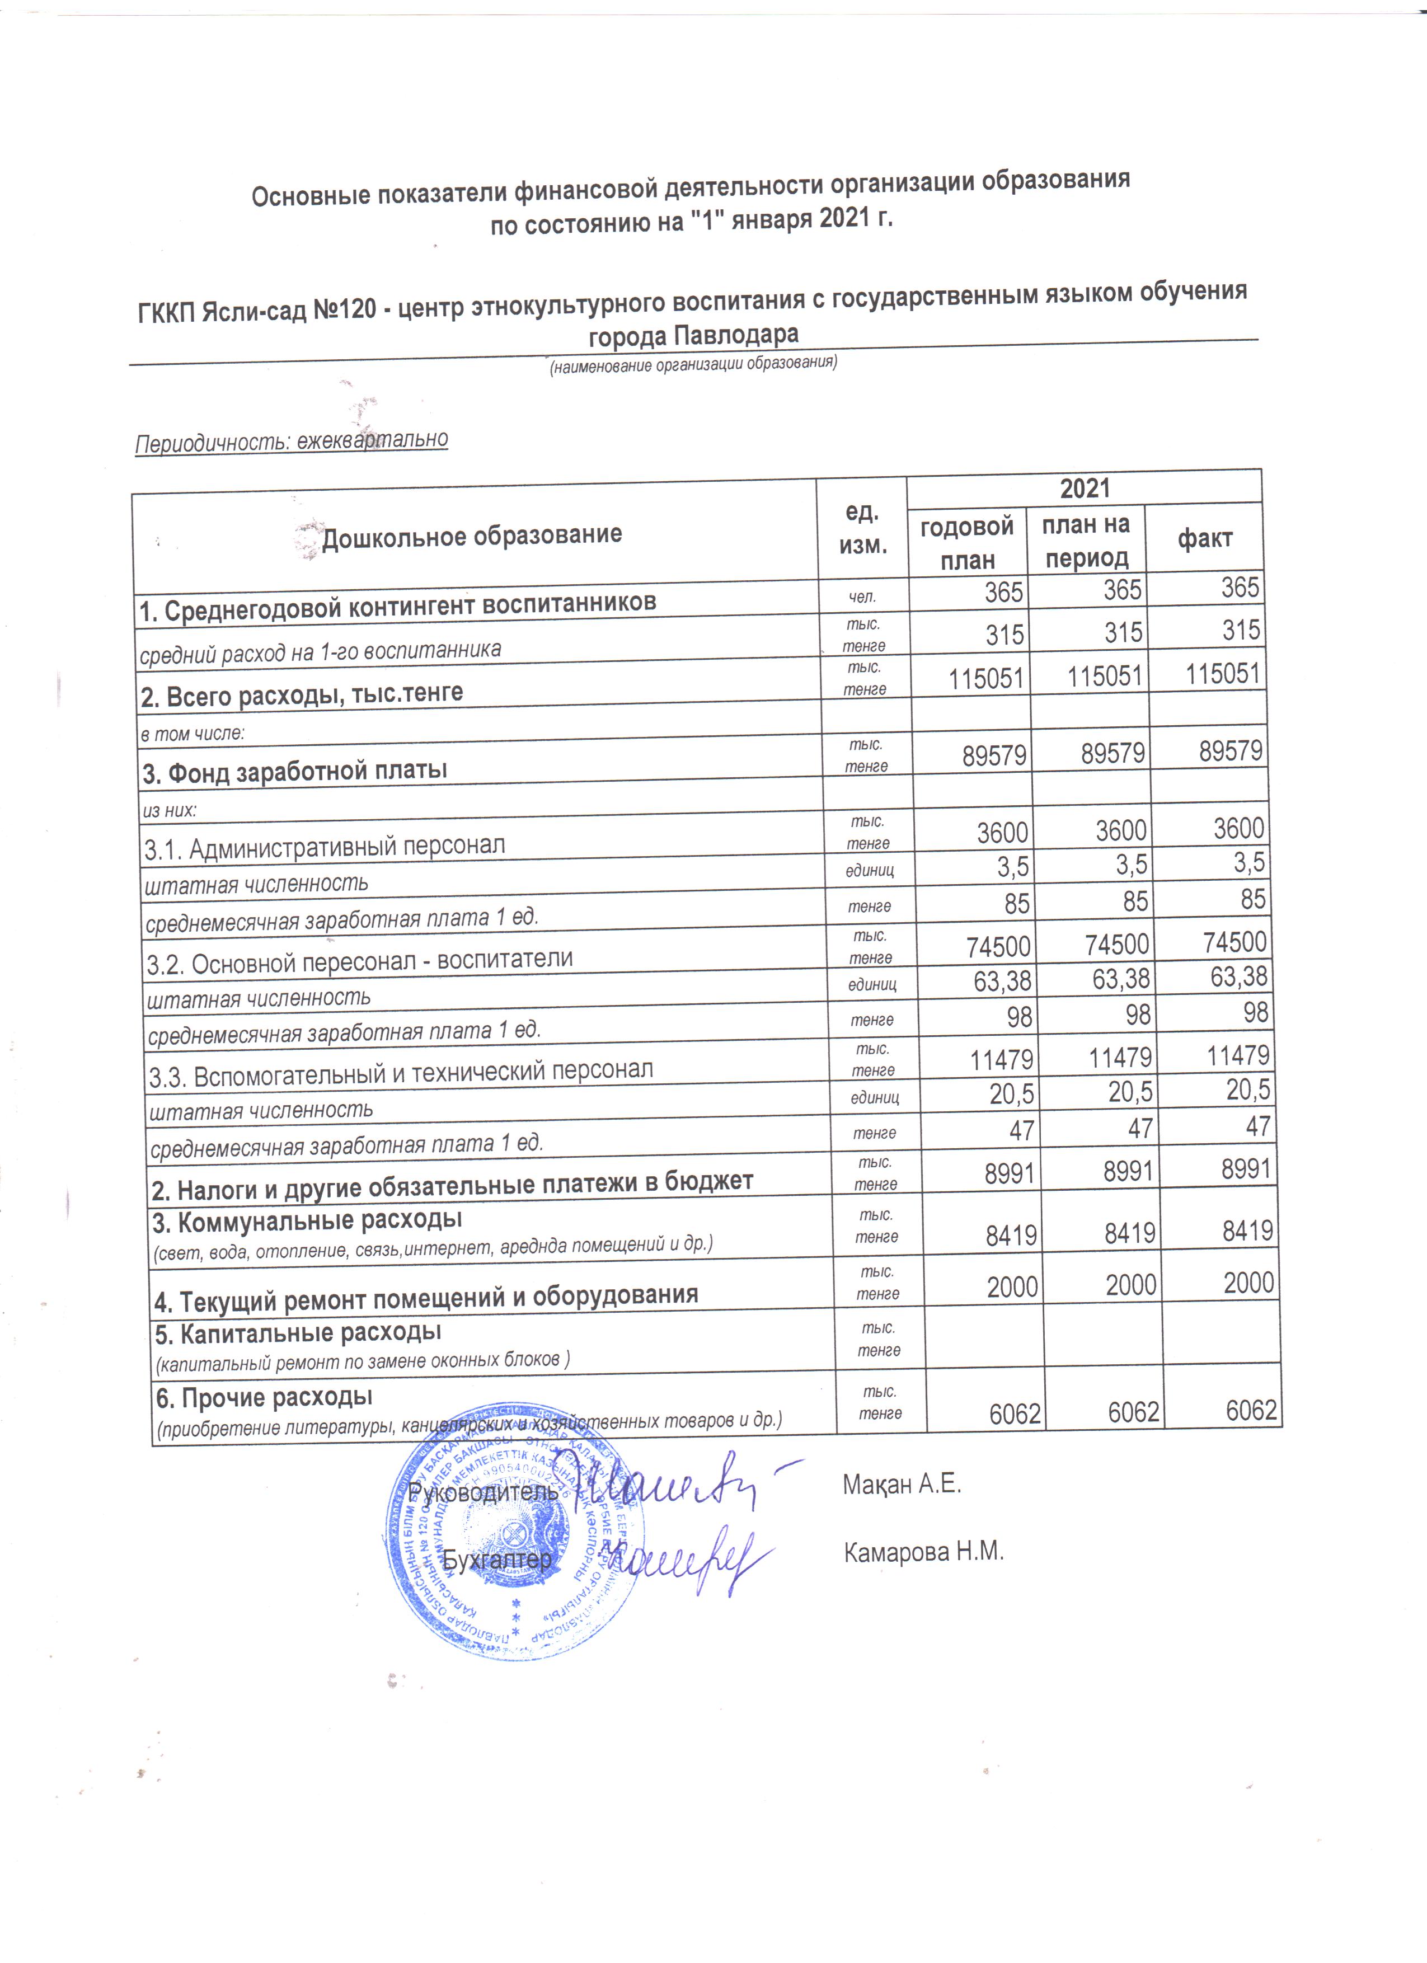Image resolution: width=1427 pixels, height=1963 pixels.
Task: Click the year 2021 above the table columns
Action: click(1085, 488)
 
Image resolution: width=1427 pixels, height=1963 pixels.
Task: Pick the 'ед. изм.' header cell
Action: click(862, 529)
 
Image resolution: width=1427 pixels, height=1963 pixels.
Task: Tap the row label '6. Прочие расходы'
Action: click(264, 1397)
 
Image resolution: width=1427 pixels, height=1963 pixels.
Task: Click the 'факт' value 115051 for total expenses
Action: click(1222, 673)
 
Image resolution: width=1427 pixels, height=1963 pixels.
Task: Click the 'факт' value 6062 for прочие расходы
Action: click(1251, 1411)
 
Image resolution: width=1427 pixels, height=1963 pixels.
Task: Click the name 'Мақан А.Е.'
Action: click(902, 1485)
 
